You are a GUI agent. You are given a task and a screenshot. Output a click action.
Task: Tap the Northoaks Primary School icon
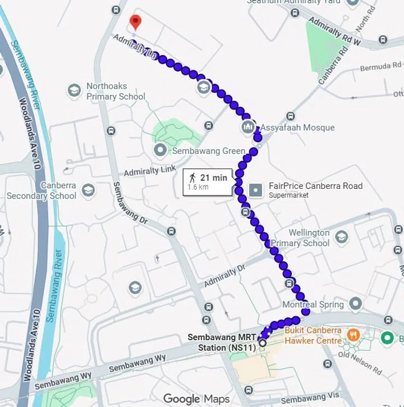click(x=74, y=91)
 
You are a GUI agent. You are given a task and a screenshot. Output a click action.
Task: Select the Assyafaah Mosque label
click(x=296, y=128)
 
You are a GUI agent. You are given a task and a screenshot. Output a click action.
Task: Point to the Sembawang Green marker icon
click(x=160, y=150)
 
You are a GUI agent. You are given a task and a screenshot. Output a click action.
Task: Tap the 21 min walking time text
click(x=213, y=178)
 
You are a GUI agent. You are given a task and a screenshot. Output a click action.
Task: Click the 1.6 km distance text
click(x=198, y=187)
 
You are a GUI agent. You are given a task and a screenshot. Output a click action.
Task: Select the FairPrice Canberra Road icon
click(x=255, y=190)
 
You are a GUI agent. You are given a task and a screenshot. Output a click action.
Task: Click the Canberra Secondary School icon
click(x=88, y=190)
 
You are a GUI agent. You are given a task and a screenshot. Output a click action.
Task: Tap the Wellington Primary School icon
click(x=342, y=237)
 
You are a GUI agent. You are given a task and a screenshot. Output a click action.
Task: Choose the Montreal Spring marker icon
click(x=355, y=304)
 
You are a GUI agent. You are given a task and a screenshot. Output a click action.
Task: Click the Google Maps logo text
click(x=196, y=399)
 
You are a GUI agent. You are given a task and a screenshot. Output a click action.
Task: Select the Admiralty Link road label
click(x=150, y=167)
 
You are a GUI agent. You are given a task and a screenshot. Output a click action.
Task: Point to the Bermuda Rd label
click(x=382, y=67)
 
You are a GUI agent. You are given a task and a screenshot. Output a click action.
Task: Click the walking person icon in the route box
click(x=192, y=178)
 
